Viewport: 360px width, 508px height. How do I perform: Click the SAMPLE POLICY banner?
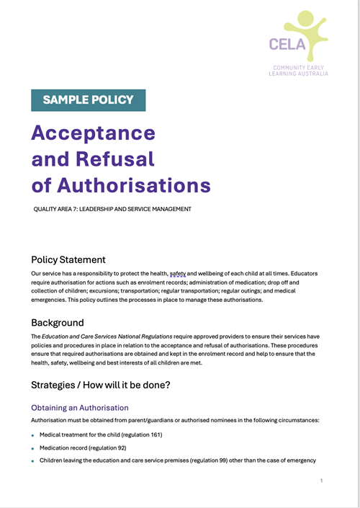pyautogui.click(x=89, y=100)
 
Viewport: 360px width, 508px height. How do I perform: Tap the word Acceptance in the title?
pyautogui.click(x=94, y=133)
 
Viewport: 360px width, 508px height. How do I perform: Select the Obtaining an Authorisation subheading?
pyautogui.click(x=80, y=408)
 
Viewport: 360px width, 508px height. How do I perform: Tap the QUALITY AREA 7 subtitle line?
pyautogui.click(x=112, y=210)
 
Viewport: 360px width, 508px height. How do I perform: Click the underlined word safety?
pyautogui.click(x=177, y=275)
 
